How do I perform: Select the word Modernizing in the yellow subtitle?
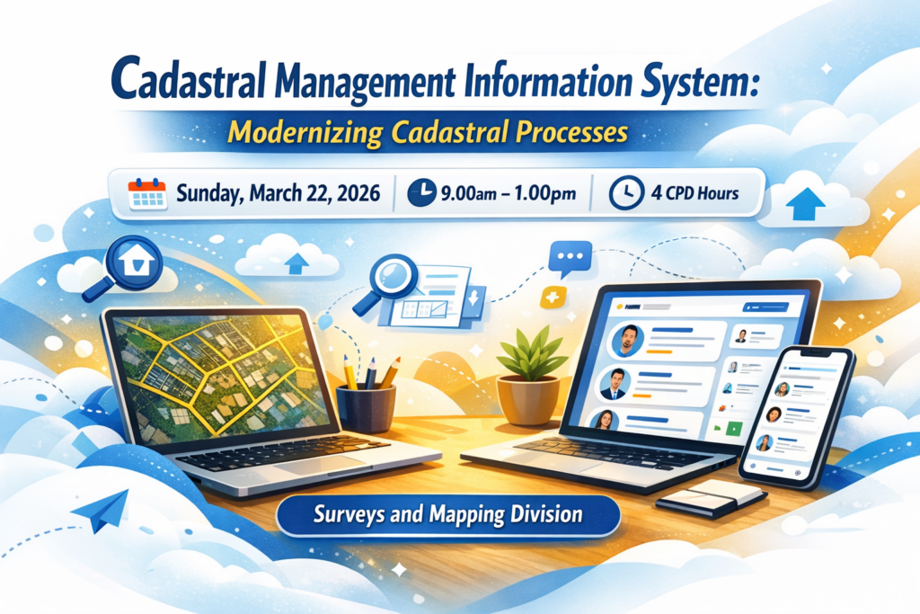coord(305,133)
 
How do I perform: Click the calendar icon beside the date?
coord(147,193)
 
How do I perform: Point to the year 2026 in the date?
coord(358,193)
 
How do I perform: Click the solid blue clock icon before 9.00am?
coord(421,193)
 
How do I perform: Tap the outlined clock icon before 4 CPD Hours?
coord(626,193)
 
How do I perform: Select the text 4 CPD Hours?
coord(694,193)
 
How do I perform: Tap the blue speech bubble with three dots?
coord(570,259)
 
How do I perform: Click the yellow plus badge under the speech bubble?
coord(553,297)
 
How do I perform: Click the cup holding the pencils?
coord(366,408)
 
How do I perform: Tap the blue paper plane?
coord(102,511)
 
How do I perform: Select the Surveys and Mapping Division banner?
coord(448,515)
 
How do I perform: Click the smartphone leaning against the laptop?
coord(796,417)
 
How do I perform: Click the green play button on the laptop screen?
coord(733,429)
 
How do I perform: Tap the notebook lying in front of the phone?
coord(711,498)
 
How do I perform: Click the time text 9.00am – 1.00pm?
coord(509,193)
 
